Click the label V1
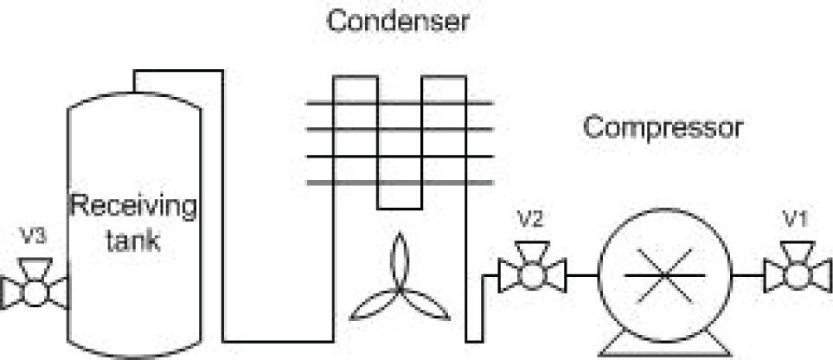tap(794, 221)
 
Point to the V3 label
tap(33, 236)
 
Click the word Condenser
tap(397, 21)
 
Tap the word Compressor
tap(663, 128)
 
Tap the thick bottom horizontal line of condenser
tap(400, 183)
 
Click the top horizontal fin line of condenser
tap(400, 103)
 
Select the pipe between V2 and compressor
tap(581, 275)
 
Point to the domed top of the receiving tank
tap(135, 97)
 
